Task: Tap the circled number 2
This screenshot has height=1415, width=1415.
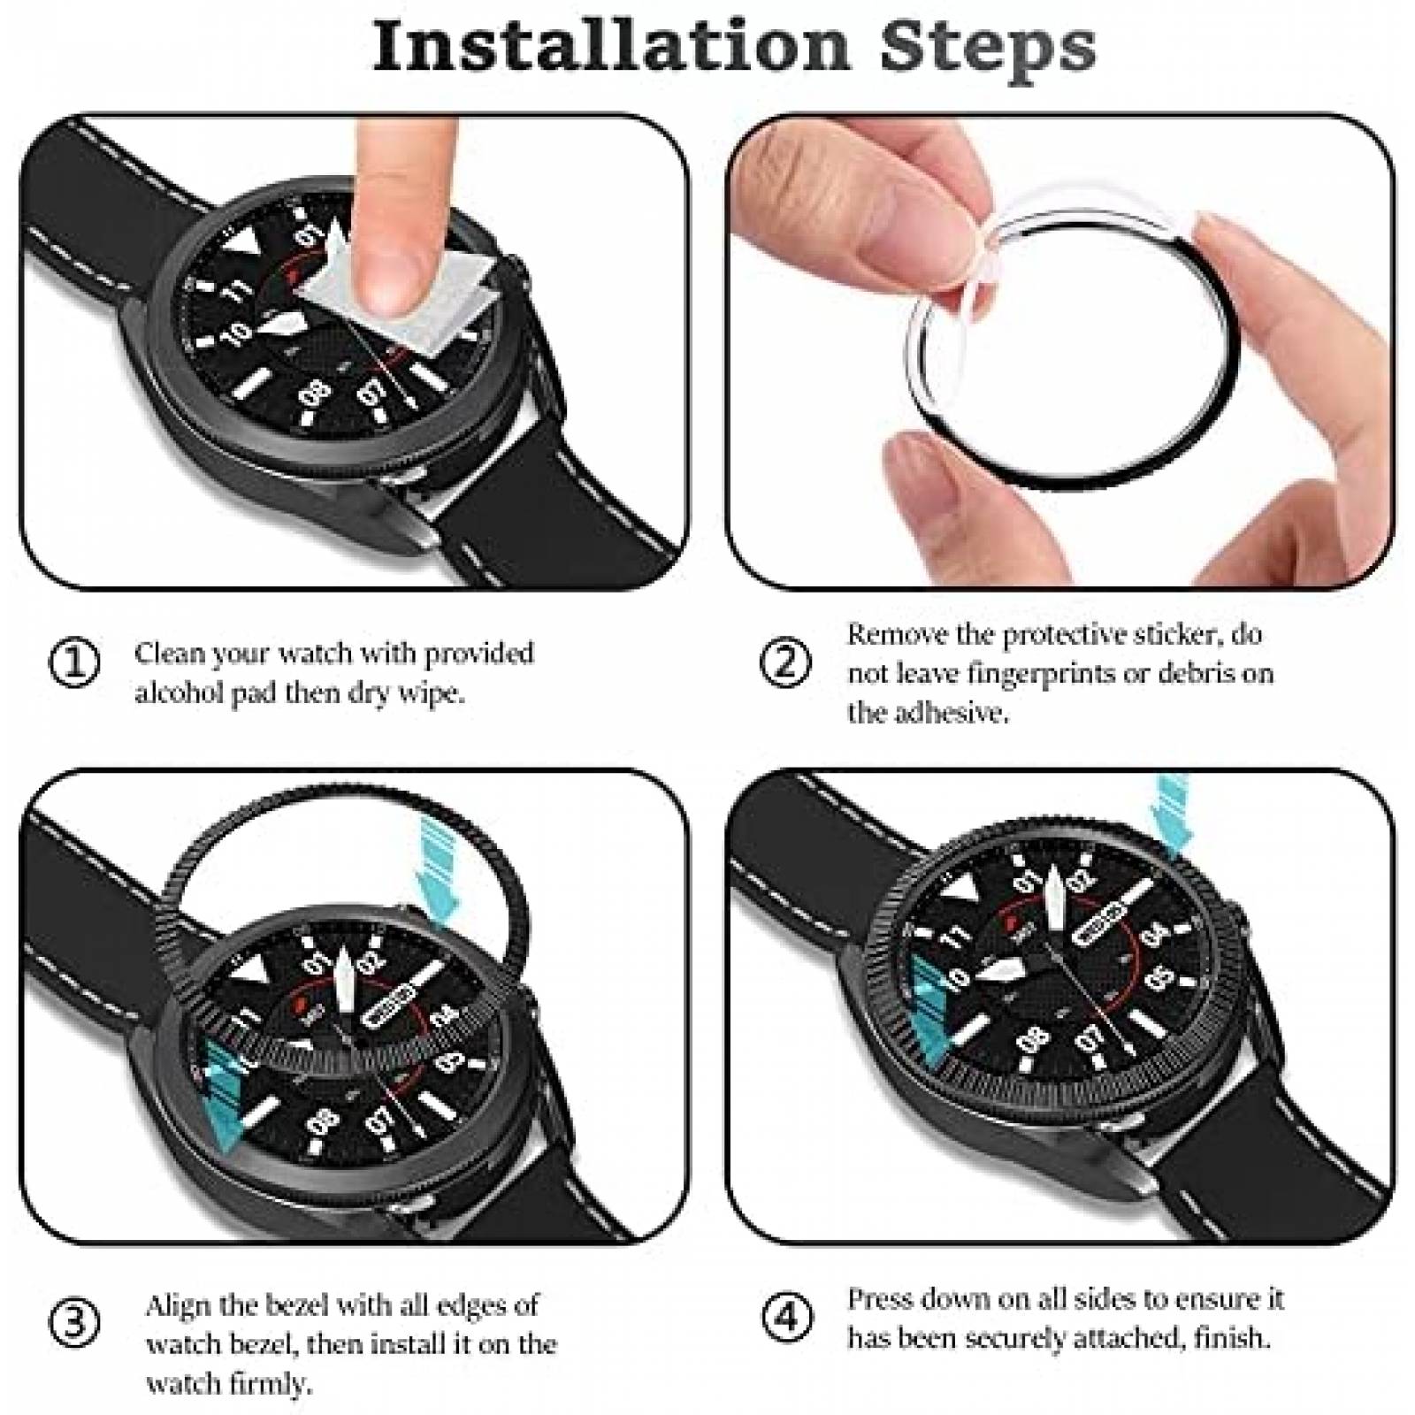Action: click(x=784, y=663)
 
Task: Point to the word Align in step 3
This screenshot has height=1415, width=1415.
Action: click(x=180, y=1305)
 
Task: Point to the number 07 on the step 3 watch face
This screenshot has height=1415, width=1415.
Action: click(x=382, y=1121)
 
